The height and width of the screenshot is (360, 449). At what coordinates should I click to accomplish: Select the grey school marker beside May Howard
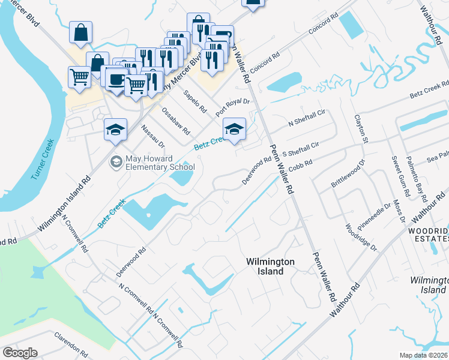[x=115, y=161]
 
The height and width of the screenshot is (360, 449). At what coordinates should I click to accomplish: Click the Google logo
[x=20, y=353]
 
